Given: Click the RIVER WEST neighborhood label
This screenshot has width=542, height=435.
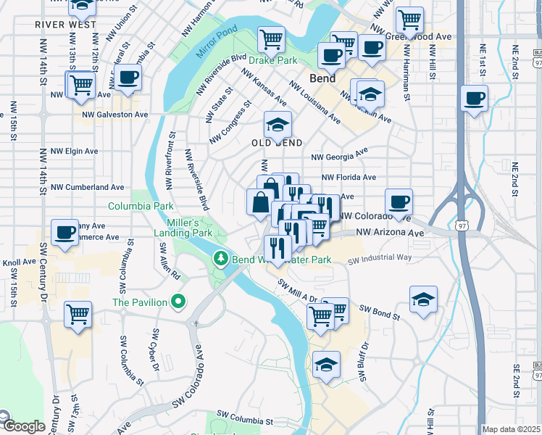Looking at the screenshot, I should pos(65,24).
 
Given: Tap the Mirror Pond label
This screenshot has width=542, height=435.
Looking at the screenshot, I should pos(217,44).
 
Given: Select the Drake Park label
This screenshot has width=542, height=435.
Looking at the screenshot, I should pos(273,61).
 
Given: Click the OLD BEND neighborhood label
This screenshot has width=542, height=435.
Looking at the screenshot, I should pos(276,144).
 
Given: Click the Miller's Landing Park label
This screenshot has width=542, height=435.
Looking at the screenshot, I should pos(183,228).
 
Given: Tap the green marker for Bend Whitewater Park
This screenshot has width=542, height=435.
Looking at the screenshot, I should pos(220,258).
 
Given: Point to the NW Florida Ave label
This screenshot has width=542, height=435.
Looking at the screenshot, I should pos(349,177).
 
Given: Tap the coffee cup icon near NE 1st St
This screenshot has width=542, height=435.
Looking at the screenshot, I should pos(474,98).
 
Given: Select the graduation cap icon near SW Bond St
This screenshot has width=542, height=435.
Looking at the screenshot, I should pos(423,299).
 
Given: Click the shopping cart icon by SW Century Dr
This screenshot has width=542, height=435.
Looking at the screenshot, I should pos(78,314).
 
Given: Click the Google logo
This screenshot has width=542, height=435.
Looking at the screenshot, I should pos(23,426).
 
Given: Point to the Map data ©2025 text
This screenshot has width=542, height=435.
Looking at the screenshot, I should pos(512,429).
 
